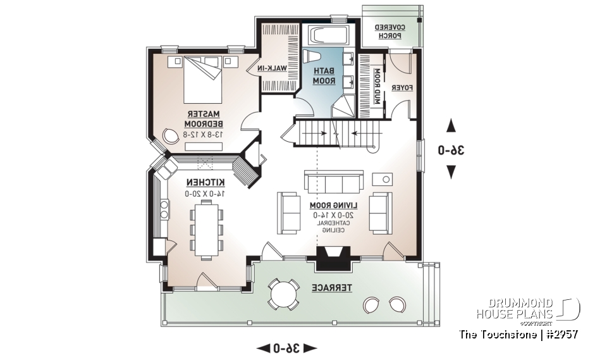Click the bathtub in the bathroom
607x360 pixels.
(326, 36)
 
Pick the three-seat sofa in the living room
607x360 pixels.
(334, 182)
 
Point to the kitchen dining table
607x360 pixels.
(206, 228)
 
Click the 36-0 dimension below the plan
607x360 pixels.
(286, 348)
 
